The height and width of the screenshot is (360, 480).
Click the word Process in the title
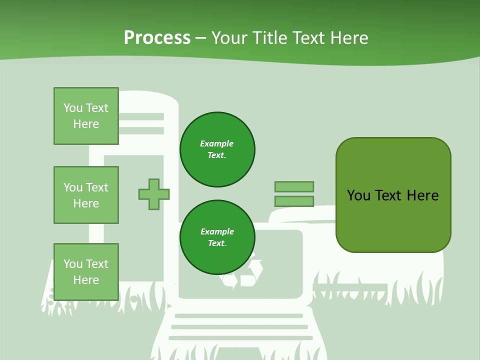pyautogui.click(x=157, y=38)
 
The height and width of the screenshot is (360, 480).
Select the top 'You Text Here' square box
pyautogui.click(x=86, y=116)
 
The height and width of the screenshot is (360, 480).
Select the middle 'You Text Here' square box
pyautogui.click(x=86, y=195)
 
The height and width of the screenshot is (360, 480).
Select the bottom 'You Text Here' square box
pyautogui.click(x=86, y=272)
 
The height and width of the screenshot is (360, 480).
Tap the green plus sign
pyautogui.click(x=154, y=194)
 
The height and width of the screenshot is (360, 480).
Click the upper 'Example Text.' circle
pyautogui.click(x=217, y=149)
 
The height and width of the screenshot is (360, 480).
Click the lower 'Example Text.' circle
pyautogui.click(x=217, y=237)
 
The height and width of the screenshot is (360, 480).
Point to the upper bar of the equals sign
pyautogui.click(x=294, y=186)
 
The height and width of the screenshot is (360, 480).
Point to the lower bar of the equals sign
pyautogui.click(x=294, y=201)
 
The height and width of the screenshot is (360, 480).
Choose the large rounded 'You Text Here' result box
pyautogui.click(x=393, y=195)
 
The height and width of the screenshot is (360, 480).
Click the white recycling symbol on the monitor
pyautogui.click(x=244, y=272)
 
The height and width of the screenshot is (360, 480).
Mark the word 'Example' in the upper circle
pyautogui.click(x=217, y=143)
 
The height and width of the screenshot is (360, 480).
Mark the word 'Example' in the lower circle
pyautogui.click(x=217, y=231)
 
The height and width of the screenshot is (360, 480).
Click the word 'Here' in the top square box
pyautogui.click(x=86, y=124)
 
